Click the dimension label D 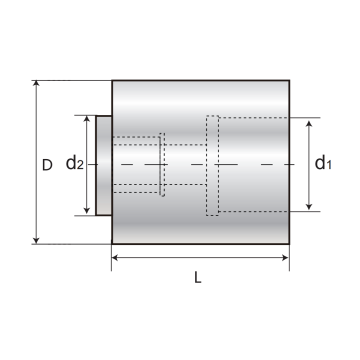(47, 165)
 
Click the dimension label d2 (75, 163)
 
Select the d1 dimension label (323, 163)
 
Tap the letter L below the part (198, 277)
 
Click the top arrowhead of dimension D (36, 83)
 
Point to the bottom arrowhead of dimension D (36, 241)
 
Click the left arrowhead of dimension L (115, 257)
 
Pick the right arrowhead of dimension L (286, 257)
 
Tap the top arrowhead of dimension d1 (309, 124)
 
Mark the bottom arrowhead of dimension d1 (309, 207)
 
